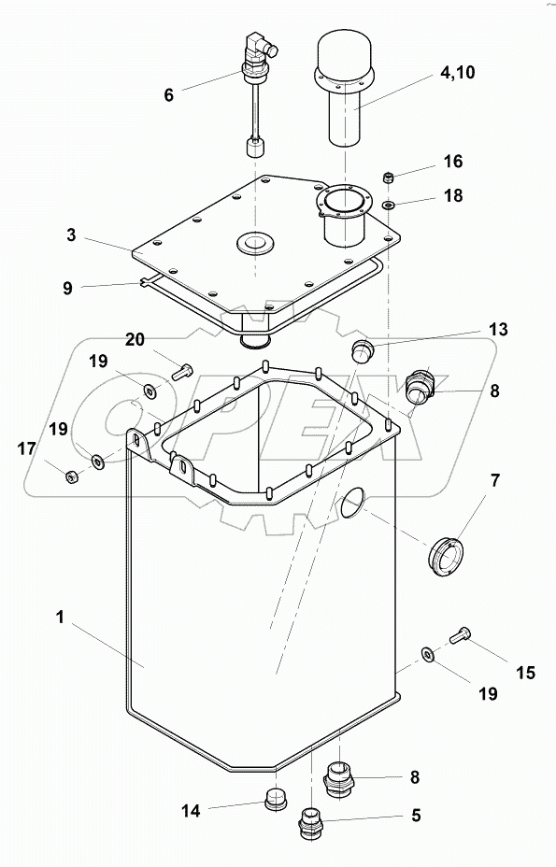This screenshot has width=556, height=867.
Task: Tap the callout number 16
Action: (453, 162)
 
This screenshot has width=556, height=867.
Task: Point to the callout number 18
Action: (453, 198)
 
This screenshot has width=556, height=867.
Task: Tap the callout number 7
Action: (495, 481)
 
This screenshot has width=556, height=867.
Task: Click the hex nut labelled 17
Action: (72, 477)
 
